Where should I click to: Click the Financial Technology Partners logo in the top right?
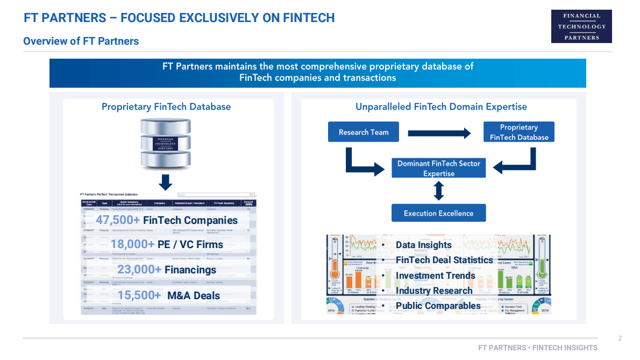point(581,26)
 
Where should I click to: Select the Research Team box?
point(364,132)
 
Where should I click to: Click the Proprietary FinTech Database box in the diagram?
point(518,132)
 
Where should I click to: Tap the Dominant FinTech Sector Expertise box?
point(438,168)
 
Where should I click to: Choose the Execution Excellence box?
point(438,213)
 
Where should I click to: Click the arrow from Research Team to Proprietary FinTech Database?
point(439,132)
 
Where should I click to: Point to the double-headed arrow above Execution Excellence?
point(439,190)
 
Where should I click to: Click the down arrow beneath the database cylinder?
point(166,182)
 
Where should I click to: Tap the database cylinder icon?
point(166,143)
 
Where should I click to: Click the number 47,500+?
point(118,220)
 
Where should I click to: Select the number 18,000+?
point(132,244)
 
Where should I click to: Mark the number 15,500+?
point(139,295)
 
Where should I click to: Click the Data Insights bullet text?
point(423,245)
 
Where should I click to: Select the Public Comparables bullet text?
point(438,306)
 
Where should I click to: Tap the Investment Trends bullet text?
point(435,276)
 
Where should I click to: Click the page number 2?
point(620,338)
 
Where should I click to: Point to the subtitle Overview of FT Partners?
point(81,41)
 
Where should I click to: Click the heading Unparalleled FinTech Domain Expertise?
point(441,107)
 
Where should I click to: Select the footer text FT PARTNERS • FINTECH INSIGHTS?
point(538,348)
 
